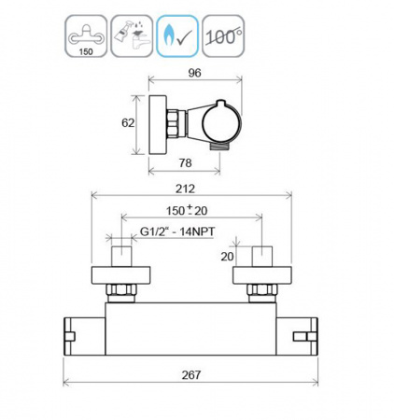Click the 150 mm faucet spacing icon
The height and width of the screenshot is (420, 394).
coord(86,36)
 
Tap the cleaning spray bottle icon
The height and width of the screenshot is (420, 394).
coord(132,36)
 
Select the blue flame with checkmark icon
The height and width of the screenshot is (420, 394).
coord(177,36)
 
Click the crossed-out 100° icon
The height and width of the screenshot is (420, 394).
coord(223,36)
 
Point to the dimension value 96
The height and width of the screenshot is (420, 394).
coord(195,73)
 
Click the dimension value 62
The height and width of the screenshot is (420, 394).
coord(128,123)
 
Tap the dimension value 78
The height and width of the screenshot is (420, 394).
coord(185,162)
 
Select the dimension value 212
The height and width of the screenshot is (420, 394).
coord(185,189)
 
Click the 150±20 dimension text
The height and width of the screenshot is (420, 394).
coord(187,211)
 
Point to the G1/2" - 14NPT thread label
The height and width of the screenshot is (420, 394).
coord(177,231)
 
